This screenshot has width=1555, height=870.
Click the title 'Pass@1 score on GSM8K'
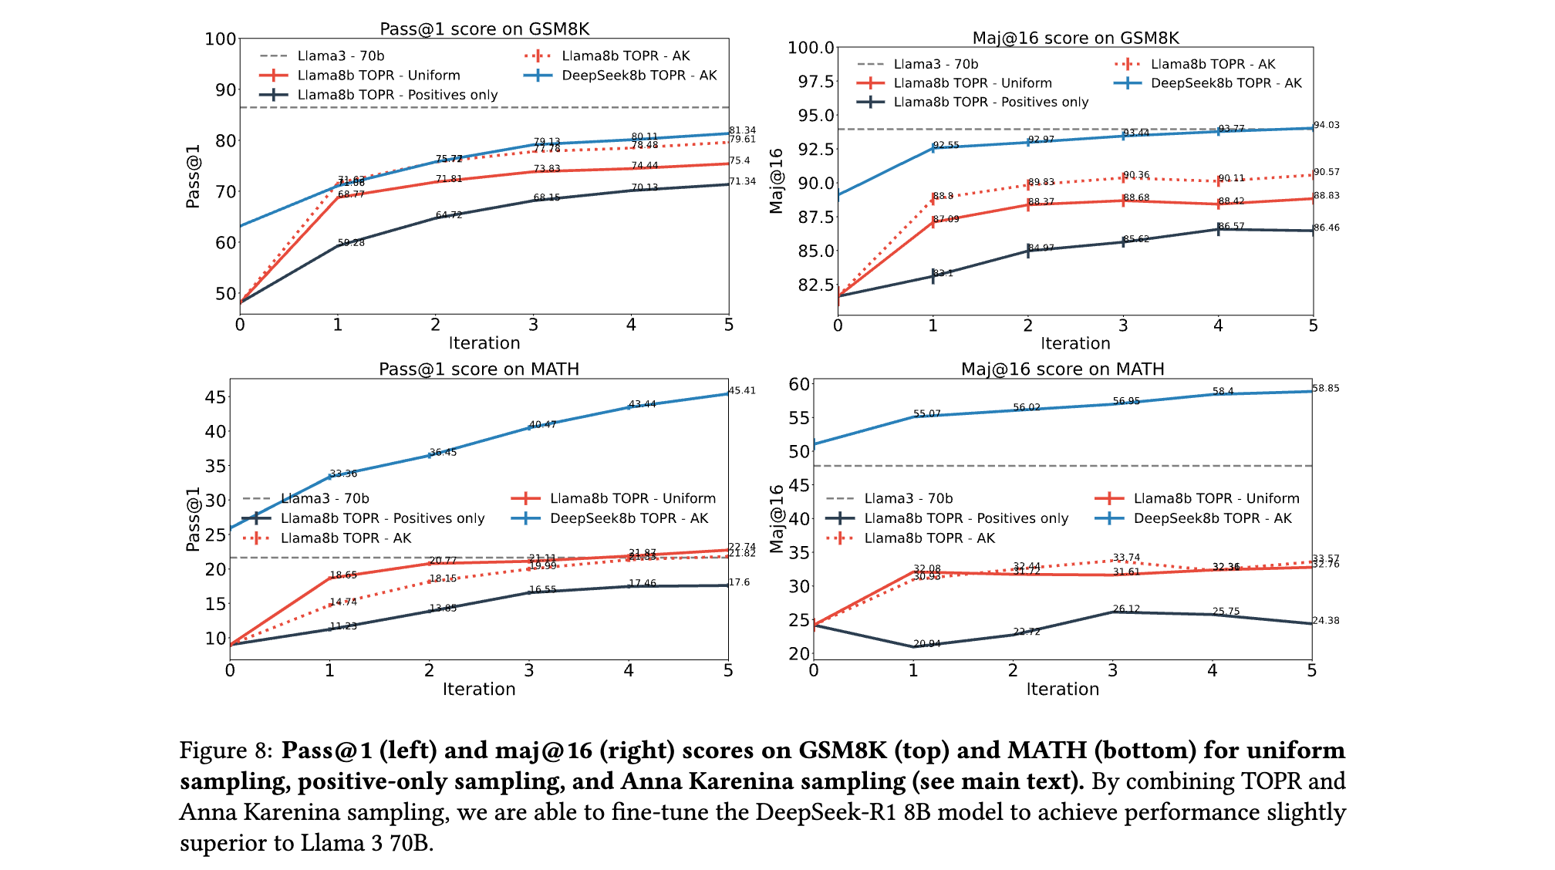click(x=484, y=29)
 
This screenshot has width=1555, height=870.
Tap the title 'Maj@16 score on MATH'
click(x=1062, y=369)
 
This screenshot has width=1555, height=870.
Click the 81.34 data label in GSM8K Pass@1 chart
click(x=742, y=130)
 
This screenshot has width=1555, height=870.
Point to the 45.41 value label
click(x=742, y=390)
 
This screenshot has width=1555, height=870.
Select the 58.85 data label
click(x=1326, y=388)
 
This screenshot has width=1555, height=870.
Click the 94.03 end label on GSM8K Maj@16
click(x=1327, y=125)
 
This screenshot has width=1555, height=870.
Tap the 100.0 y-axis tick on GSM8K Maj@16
click(x=811, y=48)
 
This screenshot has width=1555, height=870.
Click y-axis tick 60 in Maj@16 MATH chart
click(x=800, y=384)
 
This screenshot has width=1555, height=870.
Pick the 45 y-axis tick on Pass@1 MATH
click(x=216, y=397)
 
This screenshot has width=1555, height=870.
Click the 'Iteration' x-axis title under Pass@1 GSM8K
click(x=484, y=343)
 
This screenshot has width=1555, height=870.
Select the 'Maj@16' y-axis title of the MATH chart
click(x=777, y=518)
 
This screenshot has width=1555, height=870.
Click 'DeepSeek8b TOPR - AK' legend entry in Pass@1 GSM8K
click(x=639, y=76)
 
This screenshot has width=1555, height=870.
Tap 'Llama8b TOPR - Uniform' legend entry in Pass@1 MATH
click(x=632, y=498)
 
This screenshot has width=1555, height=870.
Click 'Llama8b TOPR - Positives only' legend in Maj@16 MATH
click(x=966, y=518)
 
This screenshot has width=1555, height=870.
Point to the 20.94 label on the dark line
click(x=926, y=643)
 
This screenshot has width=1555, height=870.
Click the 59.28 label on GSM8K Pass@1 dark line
click(x=351, y=242)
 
